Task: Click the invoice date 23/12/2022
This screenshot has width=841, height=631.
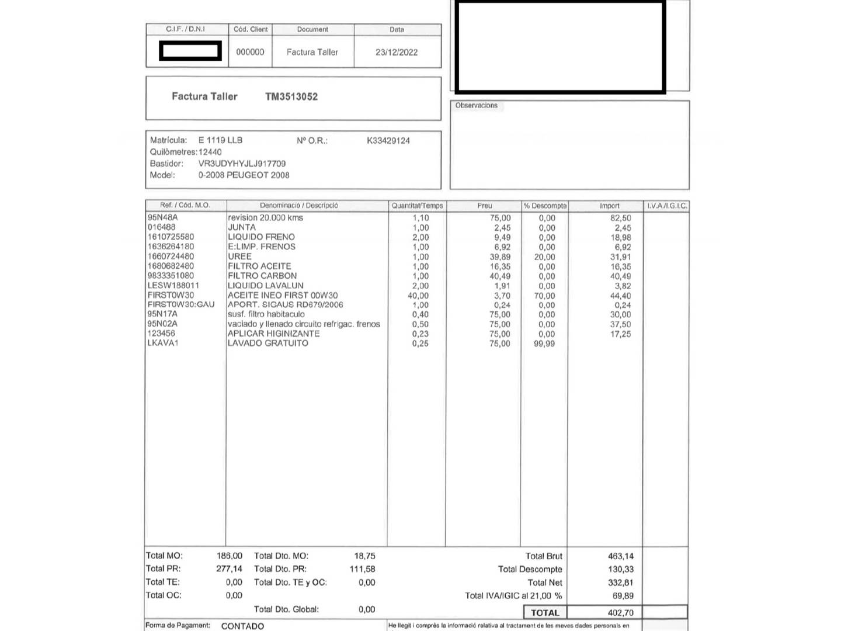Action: [x=397, y=52]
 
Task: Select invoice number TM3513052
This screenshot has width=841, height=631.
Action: [x=291, y=96]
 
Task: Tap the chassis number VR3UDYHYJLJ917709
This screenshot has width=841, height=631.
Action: [x=242, y=164]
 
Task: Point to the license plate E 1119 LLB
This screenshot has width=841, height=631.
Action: [x=220, y=140]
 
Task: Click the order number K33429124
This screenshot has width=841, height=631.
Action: [x=388, y=140]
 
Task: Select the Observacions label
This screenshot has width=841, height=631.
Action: [x=476, y=105]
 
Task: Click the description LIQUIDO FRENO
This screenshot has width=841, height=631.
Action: [x=261, y=237]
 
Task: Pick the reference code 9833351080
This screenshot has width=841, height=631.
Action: [x=171, y=276]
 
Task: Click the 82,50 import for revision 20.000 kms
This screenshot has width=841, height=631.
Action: [x=620, y=218]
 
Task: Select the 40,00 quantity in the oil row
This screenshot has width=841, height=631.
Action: [x=418, y=296]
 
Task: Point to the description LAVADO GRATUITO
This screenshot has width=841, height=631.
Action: [x=267, y=343]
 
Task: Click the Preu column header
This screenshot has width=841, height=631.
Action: [x=484, y=206]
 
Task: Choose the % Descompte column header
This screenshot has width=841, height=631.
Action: [x=544, y=206]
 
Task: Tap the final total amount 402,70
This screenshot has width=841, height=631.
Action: [x=620, y=613]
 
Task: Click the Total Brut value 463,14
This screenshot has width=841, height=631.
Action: [x=620, y=556]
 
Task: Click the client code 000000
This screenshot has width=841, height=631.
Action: [x=250, y=52]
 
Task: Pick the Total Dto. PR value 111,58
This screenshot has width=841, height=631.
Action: [x=362, y=569]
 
